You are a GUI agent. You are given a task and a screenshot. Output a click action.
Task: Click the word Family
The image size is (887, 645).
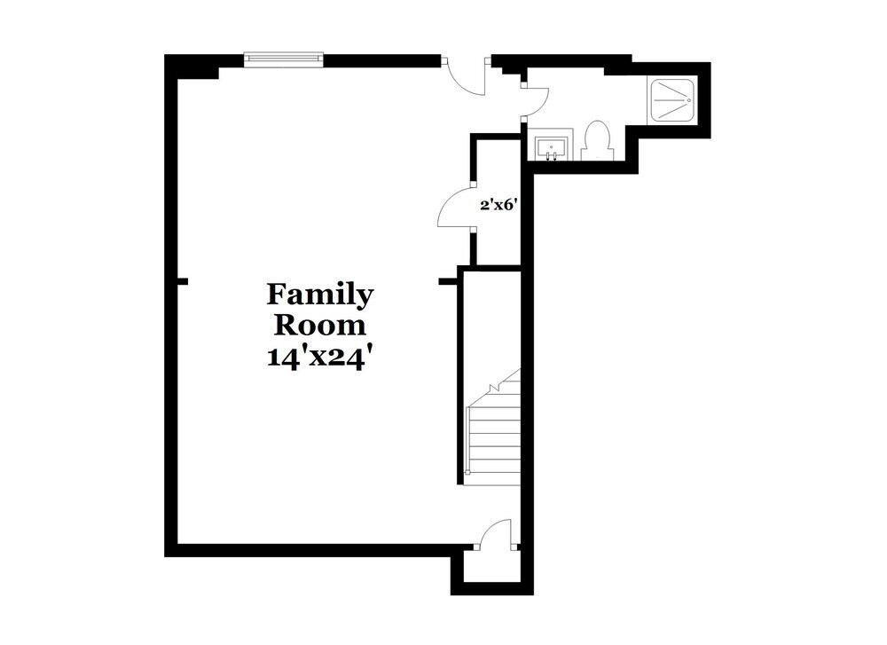(320, 294)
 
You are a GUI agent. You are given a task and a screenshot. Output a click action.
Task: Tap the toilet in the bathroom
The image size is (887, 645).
(597, 142)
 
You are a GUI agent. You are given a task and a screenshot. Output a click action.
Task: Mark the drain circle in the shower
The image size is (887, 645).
(688, 101)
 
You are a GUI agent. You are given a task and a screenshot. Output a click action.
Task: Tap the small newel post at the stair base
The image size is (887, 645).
(467, 473)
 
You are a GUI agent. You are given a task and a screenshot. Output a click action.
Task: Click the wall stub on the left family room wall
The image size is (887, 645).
(183, 281)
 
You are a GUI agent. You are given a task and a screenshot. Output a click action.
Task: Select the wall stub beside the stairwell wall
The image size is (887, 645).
(447, 281)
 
